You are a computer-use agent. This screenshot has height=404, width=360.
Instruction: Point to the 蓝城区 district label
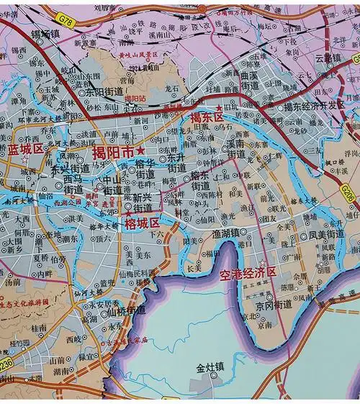click(27, 149)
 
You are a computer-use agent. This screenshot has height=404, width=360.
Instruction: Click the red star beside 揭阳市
click(140, 150)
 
